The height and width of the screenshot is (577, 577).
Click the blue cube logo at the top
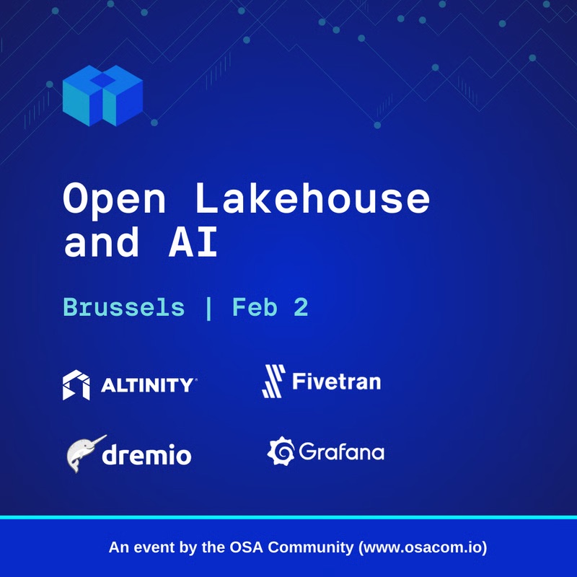click(x=102, y=95)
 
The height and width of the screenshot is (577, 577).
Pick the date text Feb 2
click(x=270, y=308)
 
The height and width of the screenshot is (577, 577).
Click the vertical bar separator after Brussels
click(x=208, y=308)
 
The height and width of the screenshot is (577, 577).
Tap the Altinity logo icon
click(x=76, y=385)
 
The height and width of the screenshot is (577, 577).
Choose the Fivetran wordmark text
click(x=336, y=380)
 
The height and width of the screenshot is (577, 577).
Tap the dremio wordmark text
click(x=146, y=455)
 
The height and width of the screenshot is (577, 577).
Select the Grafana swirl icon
click(x=280, y=452)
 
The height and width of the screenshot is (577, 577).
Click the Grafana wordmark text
click(x=341, y=453)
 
